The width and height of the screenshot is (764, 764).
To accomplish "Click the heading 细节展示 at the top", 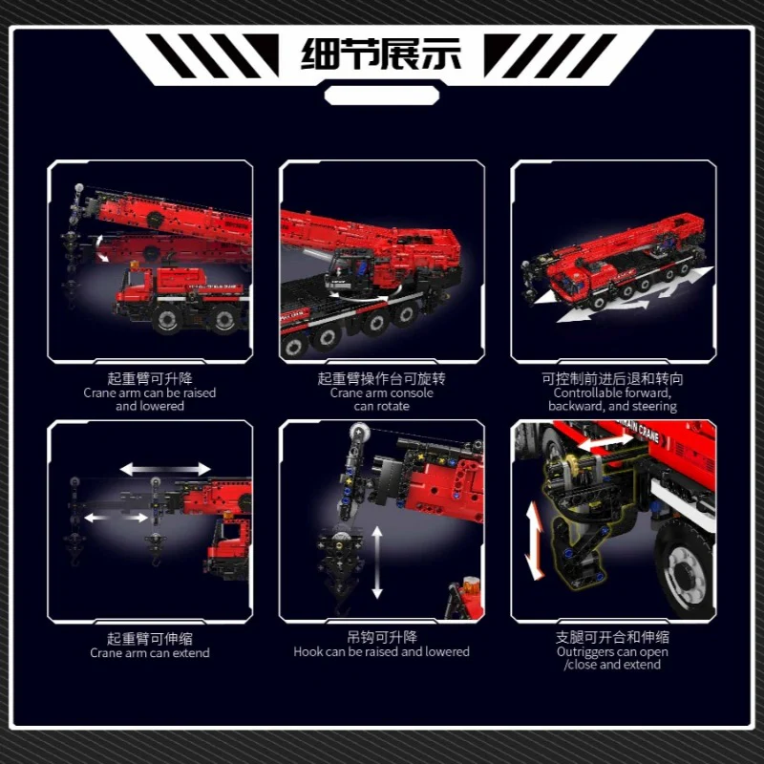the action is tap(381, 54).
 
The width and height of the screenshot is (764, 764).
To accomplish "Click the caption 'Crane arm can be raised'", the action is tap(150, 393).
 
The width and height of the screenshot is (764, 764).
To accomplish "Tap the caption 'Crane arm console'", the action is tap(381, 393).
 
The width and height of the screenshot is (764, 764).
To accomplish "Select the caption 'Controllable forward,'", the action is tap(612, 393).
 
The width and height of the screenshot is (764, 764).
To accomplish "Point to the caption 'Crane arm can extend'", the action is tap(150, 653).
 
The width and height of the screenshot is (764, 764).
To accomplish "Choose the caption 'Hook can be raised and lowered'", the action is tap(381, 652).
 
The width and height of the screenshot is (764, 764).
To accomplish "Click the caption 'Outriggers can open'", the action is tap(612, 652).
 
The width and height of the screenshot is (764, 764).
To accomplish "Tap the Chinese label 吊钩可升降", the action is tap(382, 637).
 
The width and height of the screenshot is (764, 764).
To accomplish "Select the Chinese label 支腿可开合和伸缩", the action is tap(612, 637).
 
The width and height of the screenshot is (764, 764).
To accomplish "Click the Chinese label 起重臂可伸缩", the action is tap(150, 638).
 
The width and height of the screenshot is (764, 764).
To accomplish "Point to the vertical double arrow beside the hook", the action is tap(377, 562).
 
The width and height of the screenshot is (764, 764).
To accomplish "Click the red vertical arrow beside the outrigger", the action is tap(535, 541).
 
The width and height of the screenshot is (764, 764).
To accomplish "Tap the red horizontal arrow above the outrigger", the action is tap(605, 442).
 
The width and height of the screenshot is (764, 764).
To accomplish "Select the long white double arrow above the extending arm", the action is tap(165, 469).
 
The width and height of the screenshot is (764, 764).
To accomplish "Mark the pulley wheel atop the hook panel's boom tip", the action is tap(359, 432).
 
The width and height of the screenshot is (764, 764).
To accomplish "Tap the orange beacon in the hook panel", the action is tap(471, 584).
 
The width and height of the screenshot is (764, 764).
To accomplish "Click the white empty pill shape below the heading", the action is tap(381, 95).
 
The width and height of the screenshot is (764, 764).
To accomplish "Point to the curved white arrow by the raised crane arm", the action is tap(100, 248).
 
